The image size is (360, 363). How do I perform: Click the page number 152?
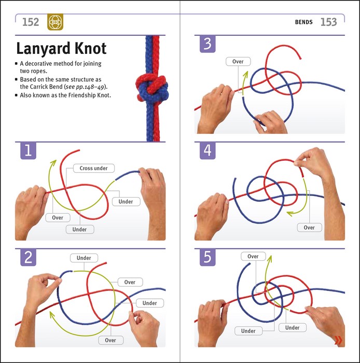click(31, 22)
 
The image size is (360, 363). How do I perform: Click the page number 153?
click(328, 22)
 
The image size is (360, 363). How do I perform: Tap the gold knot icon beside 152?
click(54, 22)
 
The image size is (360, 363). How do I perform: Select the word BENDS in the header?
click(303, 22)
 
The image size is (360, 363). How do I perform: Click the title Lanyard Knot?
click(61, 49)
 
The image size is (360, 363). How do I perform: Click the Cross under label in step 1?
click(93, 169)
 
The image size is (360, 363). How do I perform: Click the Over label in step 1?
click(58, 218)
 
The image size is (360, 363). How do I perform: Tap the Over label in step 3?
click(238, 62)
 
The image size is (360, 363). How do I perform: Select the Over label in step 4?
click(309, 228)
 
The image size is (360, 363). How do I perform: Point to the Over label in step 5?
click(253, 257)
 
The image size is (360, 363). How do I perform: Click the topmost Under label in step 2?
click(84, 258)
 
